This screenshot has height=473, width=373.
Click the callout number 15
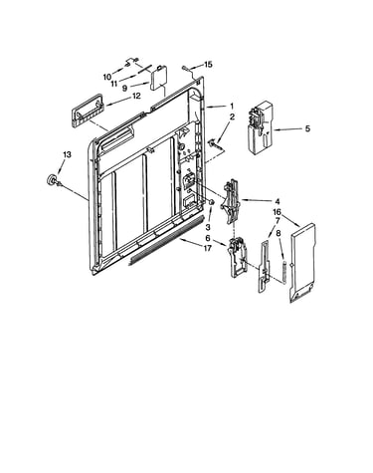click(208, 65)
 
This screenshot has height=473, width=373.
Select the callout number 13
click(67, 154)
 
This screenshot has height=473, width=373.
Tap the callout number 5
click(307, 128)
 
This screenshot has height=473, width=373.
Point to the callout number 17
click(207, 248)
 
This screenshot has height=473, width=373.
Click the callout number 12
click(136, 96)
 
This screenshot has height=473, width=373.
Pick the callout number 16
click(277, 212)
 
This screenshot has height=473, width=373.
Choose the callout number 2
click(232, 117)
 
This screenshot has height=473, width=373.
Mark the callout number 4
click(278, 201)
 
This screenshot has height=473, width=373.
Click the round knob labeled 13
click(52, 180)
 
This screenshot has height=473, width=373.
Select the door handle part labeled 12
click(88, 111)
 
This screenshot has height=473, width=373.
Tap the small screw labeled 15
click(185, 69)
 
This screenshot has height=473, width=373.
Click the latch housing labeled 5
click(261, 127)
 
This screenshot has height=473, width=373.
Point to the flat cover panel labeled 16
click(302, 263)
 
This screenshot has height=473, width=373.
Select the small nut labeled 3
click(211, 202)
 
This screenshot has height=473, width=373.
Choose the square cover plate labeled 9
click(159, 79)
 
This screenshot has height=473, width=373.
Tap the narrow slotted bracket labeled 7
click(264, 267)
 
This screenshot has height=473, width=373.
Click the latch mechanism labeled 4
click(231, 202)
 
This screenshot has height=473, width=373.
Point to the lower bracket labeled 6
click(238, 256)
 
